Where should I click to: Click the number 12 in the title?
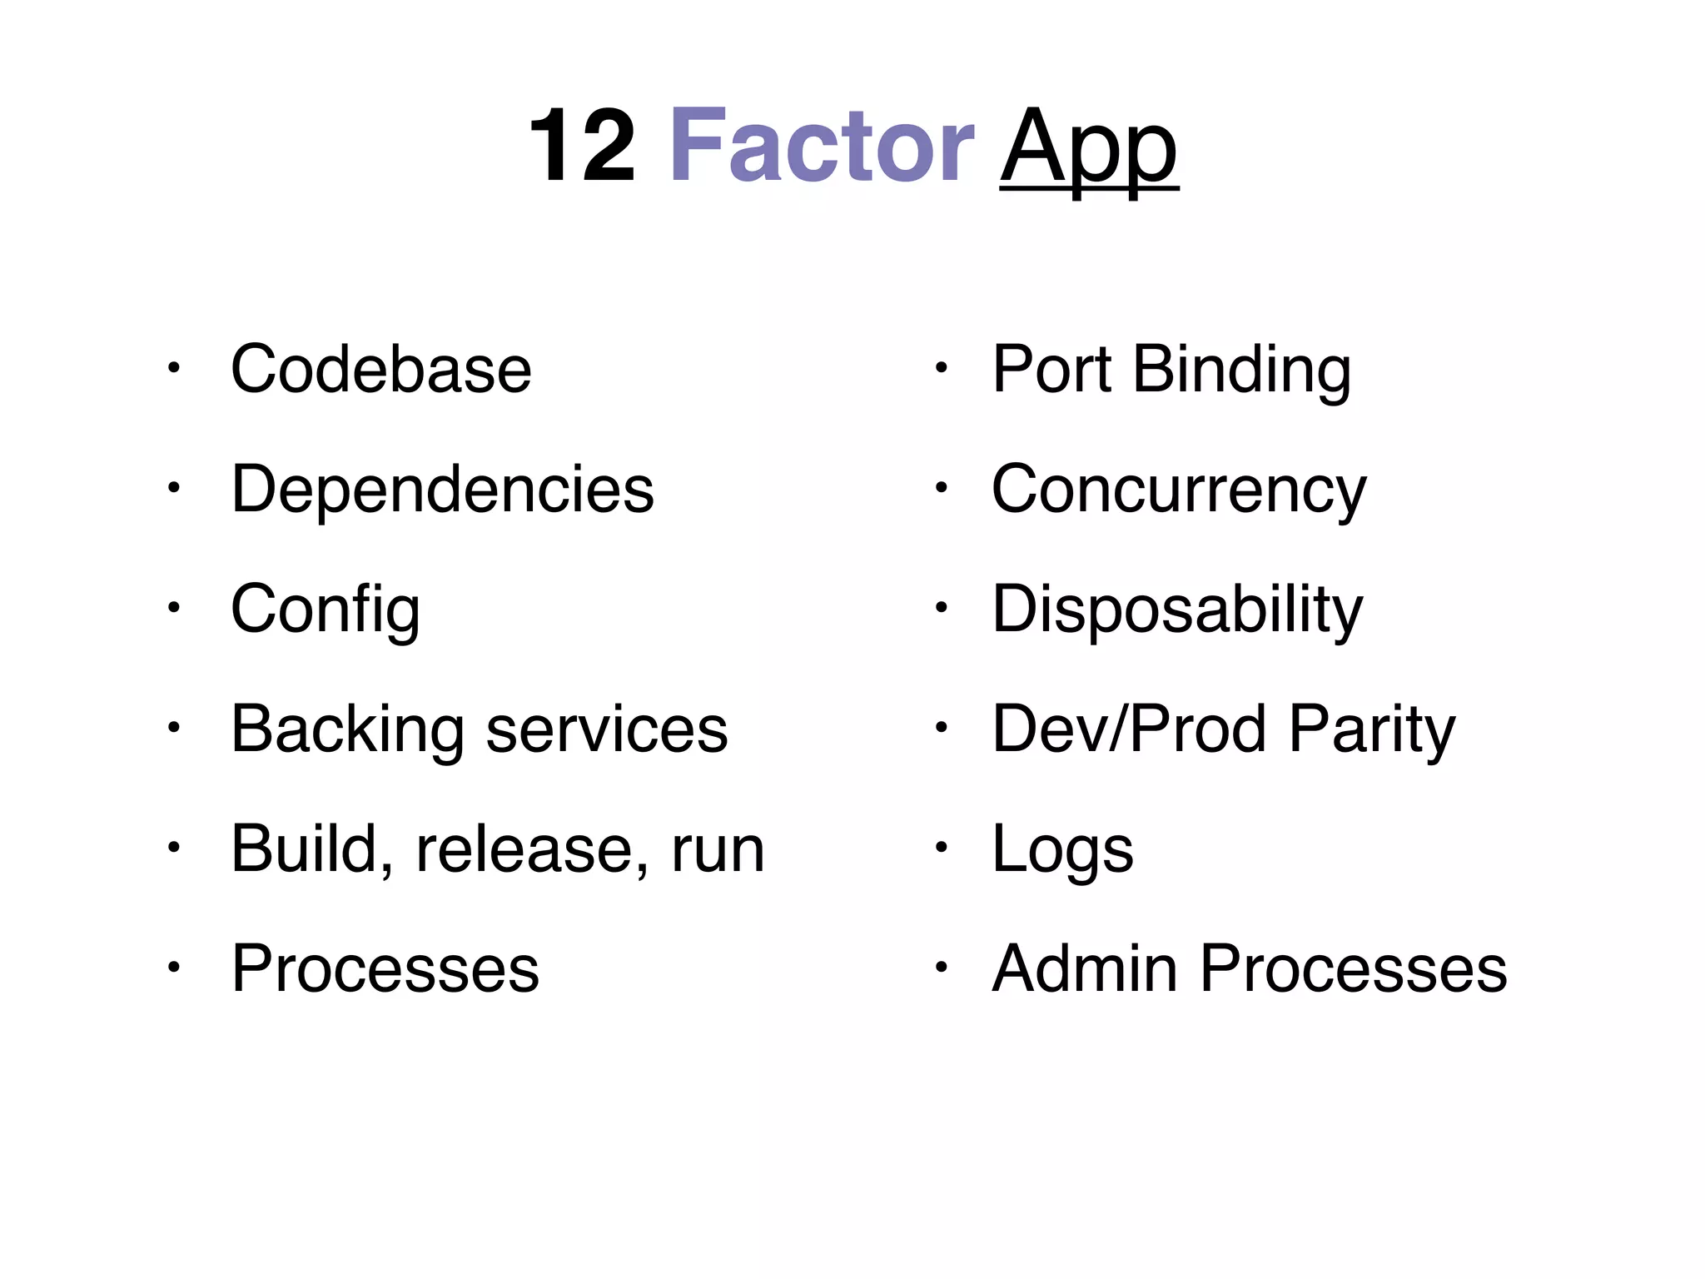[x=582, y=147]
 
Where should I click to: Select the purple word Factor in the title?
[x=821, y=147]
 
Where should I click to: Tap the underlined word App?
[x=1088, y=148]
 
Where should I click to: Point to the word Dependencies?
[x=442, y=490]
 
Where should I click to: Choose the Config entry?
[x=325, y=610]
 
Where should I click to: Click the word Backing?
[x=347, y=729]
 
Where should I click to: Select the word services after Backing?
[x=606, y=729]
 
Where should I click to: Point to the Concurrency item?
[x=1178, y=490]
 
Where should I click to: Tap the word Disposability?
[x=1176, y=610]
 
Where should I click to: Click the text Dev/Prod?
[x=1130, y=729]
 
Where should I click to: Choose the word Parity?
[x=1371, y=729]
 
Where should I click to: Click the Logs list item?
[x=1062, y=849]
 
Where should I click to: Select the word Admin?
[x=1084, y=968]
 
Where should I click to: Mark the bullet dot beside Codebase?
[x=172, y=368]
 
